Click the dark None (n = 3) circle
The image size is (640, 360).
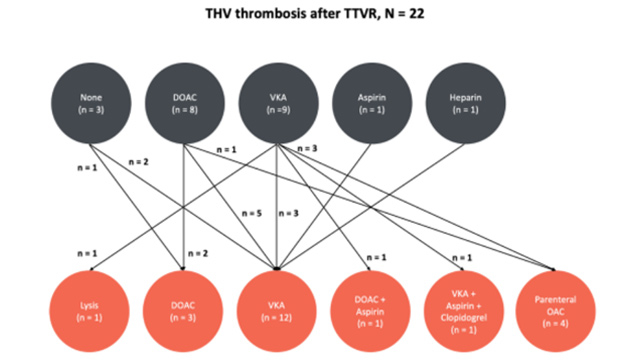[91, 104]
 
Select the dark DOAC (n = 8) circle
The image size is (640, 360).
[184, 104]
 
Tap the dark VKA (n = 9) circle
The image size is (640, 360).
[276, 104]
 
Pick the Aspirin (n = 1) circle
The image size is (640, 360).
[369, 104]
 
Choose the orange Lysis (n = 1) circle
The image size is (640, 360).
[91, 308]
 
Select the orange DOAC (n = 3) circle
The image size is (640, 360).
[184, 308]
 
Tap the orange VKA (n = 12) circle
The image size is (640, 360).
[276, 308]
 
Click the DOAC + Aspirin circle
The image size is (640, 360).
[369, 308]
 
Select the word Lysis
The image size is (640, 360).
[91, 301]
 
